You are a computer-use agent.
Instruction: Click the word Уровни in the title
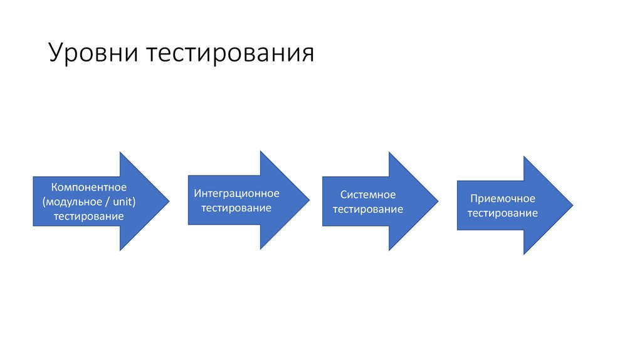[x=93, y=54]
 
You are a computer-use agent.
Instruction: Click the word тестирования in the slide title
[x=230, y=54]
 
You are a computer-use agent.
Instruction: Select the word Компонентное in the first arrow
[x=89, y=187]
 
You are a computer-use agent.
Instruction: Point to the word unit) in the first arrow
[x=122, y=201]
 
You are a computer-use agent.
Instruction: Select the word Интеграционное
[x=236, y=193]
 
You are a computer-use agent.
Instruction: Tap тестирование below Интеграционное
[x=236, y=208]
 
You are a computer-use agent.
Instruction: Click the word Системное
[x=368, y=194]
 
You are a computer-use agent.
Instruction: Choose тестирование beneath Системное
[x=368, y=209]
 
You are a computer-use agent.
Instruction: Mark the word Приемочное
[x=503, y=198]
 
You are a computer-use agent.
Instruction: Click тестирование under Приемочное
[x=503, y=213]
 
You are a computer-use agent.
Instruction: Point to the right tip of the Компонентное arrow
[x=169, y=201]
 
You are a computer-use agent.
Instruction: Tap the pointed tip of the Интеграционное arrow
[x=309, y=200]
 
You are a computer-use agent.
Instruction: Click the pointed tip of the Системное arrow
[x=438, y=201]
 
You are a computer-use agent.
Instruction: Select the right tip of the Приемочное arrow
[x=572, y=205]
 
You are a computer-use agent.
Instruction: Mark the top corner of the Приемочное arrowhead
[x=525, y=157]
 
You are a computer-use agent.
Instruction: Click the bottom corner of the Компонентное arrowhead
[x=120, y=250]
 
